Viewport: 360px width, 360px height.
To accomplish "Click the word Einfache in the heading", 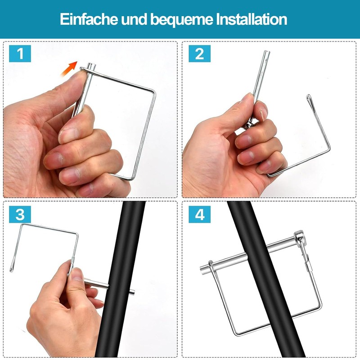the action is (x=89, y=19).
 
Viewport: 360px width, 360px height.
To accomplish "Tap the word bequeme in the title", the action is (x=182, y=20).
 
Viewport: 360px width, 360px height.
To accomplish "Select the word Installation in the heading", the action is (x=252, y=19).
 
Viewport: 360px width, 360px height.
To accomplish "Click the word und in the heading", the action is (x=134, y=19).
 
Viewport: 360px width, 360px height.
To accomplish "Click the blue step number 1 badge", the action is (x=20, y=54).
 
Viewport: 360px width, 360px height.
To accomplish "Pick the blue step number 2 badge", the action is (x=199, y=54).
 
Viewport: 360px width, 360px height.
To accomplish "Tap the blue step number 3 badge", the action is (x=20, y=214).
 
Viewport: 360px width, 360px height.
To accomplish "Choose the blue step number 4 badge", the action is (x=199, y=214).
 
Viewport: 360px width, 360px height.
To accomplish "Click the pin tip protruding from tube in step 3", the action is (x=132, y=292).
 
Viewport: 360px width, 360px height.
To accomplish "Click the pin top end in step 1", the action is (x=91, y=65).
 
